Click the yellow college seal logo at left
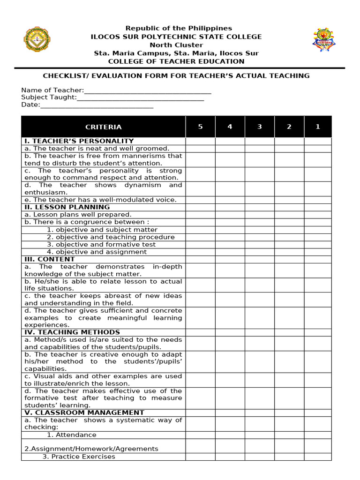coord(37,40)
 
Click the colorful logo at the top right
coord(324,40)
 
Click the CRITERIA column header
coord(103,127)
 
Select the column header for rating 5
coord(200,127)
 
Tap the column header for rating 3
coord(259,127)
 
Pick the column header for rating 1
coord(318,127)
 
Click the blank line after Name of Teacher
coord(148,91)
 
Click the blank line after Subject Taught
coord(140,98)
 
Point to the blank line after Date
coord(97,105)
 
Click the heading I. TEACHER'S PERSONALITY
coord(79,141)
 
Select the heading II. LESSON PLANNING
coord(67,207)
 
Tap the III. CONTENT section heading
coord(50,259)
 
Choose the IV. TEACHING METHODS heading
coord(70,332)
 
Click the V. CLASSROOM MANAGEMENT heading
coord(84,413)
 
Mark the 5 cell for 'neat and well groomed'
coord(200,149)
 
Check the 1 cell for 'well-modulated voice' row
coord(318,200)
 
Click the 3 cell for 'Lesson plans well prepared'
coord(259,215)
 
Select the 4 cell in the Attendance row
coord(230,435)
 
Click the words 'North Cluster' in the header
coord(176,45)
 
